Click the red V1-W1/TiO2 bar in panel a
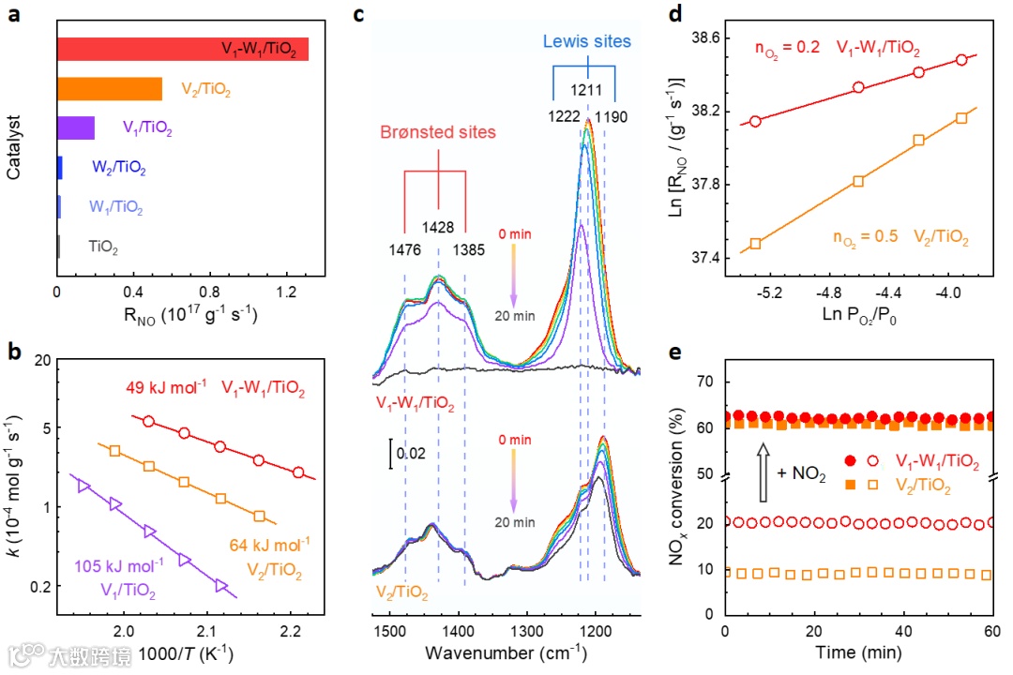point(182,49)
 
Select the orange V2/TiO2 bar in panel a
point(109,88)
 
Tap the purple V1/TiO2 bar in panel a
point(75,127)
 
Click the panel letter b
point(13,354)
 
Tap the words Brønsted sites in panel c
point(438,132)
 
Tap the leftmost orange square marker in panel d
point(755,243)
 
